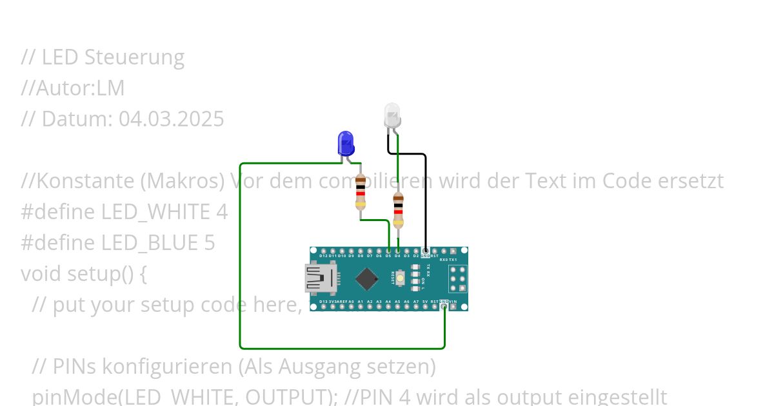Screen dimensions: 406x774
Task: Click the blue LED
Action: [346, 143]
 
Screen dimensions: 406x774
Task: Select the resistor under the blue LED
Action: [361, 192]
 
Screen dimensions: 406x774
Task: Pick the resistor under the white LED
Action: [398, 210]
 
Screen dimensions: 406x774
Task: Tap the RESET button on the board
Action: [401, 278]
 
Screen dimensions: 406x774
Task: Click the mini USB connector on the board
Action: [321, 278]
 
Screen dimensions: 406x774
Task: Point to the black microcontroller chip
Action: [366, 278]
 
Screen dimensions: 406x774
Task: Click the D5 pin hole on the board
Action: [388, 250]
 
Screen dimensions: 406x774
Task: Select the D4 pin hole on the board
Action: [398, 250]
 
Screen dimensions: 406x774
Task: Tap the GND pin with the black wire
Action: [426, 250]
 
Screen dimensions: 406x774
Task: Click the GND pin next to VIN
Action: [444, 307]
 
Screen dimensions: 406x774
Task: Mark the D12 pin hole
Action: [322, 250]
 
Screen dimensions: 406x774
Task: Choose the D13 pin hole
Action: [322, 307]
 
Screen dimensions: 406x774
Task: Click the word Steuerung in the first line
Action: [134, 57]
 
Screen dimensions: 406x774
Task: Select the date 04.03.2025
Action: [171, 119]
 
